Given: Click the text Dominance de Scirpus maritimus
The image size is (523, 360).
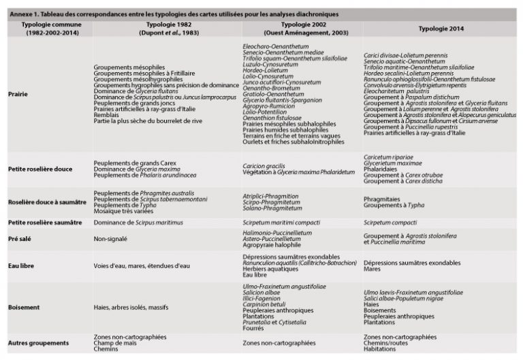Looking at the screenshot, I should (136, 222).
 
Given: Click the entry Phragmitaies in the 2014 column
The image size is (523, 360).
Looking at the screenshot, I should (382, 193).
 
